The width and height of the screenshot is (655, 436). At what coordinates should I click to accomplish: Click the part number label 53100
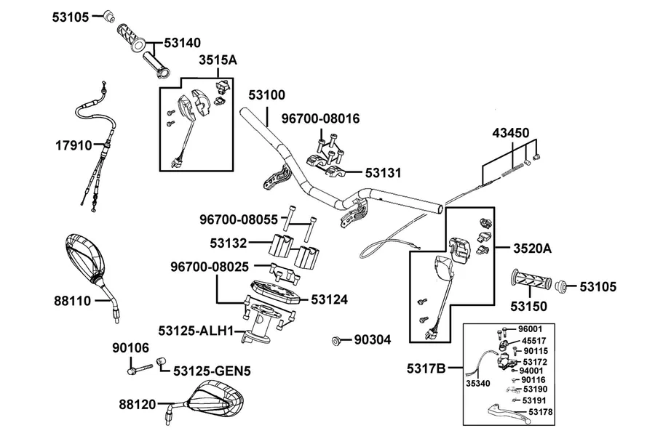[x=266, y=95]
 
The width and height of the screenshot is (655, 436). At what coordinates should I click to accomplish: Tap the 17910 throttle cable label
[x=74, y=145]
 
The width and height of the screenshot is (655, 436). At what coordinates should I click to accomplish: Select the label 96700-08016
[x=320, y=119]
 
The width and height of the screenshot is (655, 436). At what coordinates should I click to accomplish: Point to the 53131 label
[x=383, y=173]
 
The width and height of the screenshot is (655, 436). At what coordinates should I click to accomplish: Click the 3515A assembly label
[x=218, y=60]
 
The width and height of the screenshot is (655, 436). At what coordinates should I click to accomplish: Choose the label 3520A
[x=532, y=249]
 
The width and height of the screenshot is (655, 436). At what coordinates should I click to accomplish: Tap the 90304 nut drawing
[x=335, y=341]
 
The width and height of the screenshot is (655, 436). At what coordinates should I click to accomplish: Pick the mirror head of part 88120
[x=215, y=399]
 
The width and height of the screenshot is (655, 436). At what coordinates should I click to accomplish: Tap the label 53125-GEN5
[x=212, y=371]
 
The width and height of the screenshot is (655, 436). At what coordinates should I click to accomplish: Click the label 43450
[x=510, y=133]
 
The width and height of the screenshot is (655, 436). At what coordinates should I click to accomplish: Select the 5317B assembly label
[x=426, y=369]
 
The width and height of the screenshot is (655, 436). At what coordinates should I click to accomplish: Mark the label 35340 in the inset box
[x=478, y=384]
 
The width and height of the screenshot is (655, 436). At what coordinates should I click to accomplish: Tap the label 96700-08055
[x=239, y=219]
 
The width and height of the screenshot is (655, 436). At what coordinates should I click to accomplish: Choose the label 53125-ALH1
[x=196, y=331]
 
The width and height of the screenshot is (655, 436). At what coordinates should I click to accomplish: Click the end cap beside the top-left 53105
[x=109, y=16]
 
